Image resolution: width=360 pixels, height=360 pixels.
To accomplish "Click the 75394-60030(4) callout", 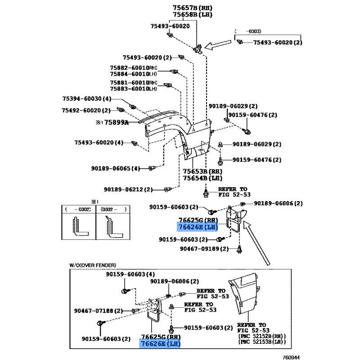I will (86, 99).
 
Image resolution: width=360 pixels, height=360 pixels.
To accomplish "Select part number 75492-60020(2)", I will (86, 110).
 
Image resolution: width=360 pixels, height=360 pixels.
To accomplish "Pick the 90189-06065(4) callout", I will (116, 168).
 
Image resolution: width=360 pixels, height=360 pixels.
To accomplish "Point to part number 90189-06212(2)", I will (128, 189).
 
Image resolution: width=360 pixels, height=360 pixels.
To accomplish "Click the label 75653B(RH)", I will (201, 171).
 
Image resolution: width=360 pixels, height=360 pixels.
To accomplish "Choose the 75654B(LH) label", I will (201, 178).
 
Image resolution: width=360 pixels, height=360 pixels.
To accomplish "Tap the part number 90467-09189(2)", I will (205, 248).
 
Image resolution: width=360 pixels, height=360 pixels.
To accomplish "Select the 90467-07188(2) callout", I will (99, 310).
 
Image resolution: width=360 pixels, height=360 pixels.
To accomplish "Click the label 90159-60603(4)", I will (130, 274).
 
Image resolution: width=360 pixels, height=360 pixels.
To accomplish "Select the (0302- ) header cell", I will (113, 210).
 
